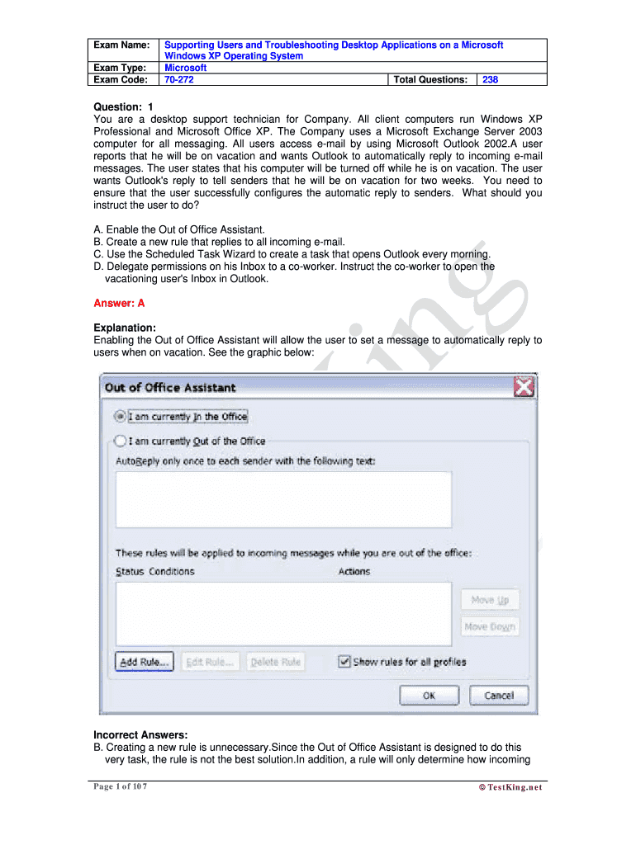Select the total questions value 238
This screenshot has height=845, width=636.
click(x=490, y=80)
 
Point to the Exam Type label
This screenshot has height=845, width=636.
click(x=120, y=68)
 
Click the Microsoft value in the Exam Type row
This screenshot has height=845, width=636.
click(x=186, y=68)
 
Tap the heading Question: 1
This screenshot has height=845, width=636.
click(x=123, y=106)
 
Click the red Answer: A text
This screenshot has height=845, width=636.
click(x=119, y=303)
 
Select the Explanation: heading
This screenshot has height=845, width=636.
click(x=125, y=328)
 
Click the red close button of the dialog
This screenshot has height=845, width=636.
click(x=524, y=386)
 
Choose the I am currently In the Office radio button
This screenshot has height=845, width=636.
click(x=121, y=417)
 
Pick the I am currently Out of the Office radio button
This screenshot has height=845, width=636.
click(x=121, y=441)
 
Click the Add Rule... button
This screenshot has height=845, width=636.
click(x=145, y=662)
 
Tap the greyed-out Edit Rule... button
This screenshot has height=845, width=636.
click(x=210, y=662)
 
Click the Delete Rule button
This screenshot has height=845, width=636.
click(x=275, y=662)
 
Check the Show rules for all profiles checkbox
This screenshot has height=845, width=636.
click(x=344, y=662)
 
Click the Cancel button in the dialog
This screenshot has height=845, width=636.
click(x=498, y=696)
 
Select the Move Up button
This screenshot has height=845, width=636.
click(x=490, y=600)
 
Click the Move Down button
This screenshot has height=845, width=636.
click(x=490, y=626)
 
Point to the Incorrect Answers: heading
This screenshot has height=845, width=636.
click(x=140, y=734)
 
